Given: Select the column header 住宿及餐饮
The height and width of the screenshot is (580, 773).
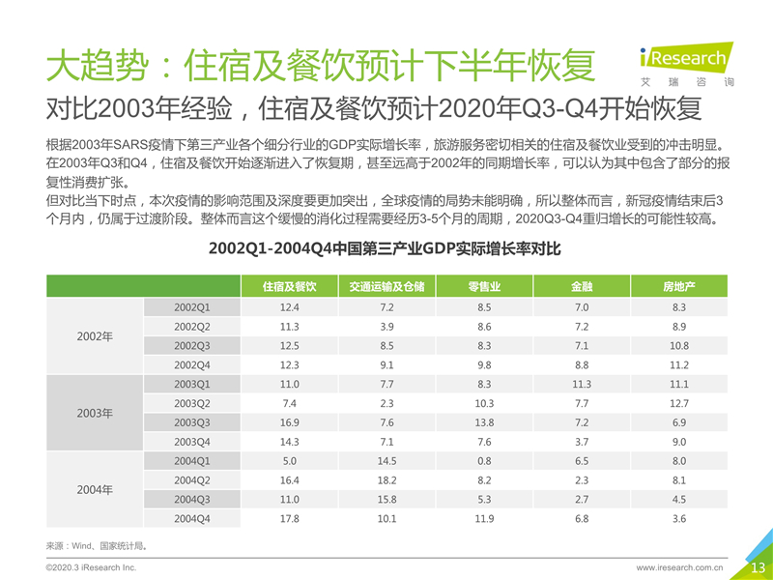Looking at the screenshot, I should (289, 287).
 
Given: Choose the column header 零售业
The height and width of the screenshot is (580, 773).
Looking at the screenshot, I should (484, 287).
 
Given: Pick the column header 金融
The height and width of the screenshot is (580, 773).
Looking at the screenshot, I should (582, 287).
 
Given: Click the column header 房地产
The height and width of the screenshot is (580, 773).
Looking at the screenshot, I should (679, 287).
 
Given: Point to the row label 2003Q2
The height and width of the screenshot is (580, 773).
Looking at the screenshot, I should (192, 403).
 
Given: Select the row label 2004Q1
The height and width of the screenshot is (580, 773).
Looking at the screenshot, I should (192, 461).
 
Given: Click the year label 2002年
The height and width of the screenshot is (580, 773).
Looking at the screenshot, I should (95, 336).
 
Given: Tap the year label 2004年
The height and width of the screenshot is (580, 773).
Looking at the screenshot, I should (95, 490).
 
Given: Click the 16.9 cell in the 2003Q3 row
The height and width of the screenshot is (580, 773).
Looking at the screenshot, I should (289, 422).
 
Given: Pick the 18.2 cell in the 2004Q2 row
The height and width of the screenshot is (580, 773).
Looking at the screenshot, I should (386, 480).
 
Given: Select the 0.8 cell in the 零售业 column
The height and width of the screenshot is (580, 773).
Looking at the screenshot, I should (484, 461).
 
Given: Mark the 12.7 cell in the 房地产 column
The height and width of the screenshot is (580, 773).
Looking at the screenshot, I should (679, 403).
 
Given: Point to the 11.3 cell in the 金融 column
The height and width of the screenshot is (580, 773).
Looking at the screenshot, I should (582, 384).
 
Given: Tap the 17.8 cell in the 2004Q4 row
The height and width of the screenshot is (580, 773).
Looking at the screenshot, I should (289, 519).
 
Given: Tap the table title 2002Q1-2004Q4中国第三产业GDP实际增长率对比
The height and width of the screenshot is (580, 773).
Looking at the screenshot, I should (384, 248).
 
